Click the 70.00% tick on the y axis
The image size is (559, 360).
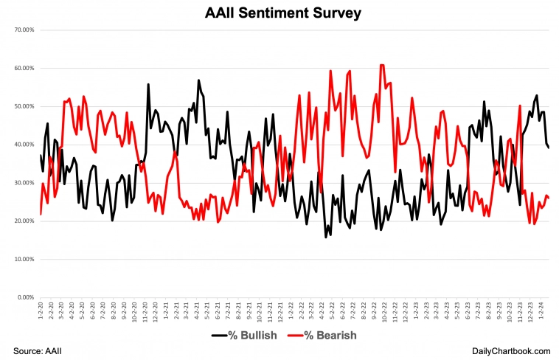coord(24,30)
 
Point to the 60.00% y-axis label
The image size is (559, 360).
coord(24,69)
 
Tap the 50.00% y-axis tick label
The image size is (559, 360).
coord(24,107)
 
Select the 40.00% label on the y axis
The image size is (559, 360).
coord(24,145)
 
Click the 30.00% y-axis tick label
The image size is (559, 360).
coord(24,183)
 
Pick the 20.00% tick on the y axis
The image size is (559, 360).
coord(24,221)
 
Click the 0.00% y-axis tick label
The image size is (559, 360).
coord(26,297)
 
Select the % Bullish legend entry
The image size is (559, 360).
coord(244,336)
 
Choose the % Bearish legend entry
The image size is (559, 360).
coord(324,336)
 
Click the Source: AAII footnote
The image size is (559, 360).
coord(38,348)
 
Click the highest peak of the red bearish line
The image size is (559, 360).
coord(382,65)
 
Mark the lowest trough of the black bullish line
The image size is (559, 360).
coord(326,238)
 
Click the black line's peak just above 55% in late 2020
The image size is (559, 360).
coord(148,84)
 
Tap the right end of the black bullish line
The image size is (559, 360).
coord(549,148)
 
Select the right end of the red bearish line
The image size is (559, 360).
coord(549,198)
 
